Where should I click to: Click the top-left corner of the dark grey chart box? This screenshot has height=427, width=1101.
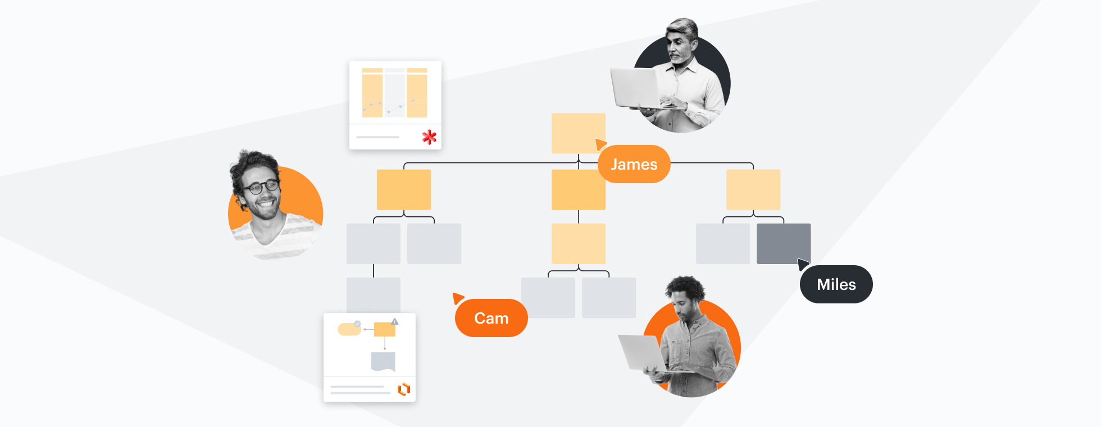click(x=757, y=224)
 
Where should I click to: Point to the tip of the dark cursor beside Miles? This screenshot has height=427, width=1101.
click(x=798, y=259)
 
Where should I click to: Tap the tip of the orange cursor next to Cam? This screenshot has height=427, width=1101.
click(x=453, y=293)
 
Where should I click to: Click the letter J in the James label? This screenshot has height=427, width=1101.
click(x=615, y=165)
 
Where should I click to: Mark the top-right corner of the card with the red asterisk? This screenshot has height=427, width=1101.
click(x=442, y=61)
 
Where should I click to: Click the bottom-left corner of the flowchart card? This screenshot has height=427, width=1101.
click(x=324, y=402)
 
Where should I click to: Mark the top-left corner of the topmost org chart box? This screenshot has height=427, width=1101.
click(x=552, y=113)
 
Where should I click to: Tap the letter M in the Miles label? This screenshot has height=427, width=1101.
click(x=824, y=285)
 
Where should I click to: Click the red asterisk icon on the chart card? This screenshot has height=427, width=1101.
click(x=429, y=137)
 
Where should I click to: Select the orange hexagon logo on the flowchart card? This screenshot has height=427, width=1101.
click(x=404, y=389)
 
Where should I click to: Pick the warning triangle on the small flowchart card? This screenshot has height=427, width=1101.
click(x=395, y=322)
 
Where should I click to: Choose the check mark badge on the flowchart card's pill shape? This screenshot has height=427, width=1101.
click(x=357, y=324)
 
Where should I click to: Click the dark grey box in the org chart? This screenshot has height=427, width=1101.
click(x=784, y=244)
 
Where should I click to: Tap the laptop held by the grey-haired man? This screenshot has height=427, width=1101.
click(x=635, y=88)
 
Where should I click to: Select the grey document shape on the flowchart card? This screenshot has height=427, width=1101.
click(x=383, y=361)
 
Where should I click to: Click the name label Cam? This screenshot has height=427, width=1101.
click(x=492, y=318)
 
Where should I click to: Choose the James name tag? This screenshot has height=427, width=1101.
click(x=634, y=164)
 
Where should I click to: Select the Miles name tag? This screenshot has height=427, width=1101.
click(x=836, y=284)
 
